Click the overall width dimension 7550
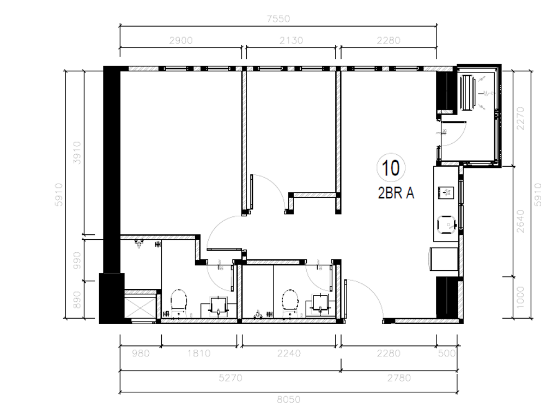[x=278, y=19]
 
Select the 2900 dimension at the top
[x=181, y=40]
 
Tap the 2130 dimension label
[x=292, y=40]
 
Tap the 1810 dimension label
[x=199, y=353]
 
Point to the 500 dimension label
[x=446, y=353]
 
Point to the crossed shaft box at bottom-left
[x=140, y=305]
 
